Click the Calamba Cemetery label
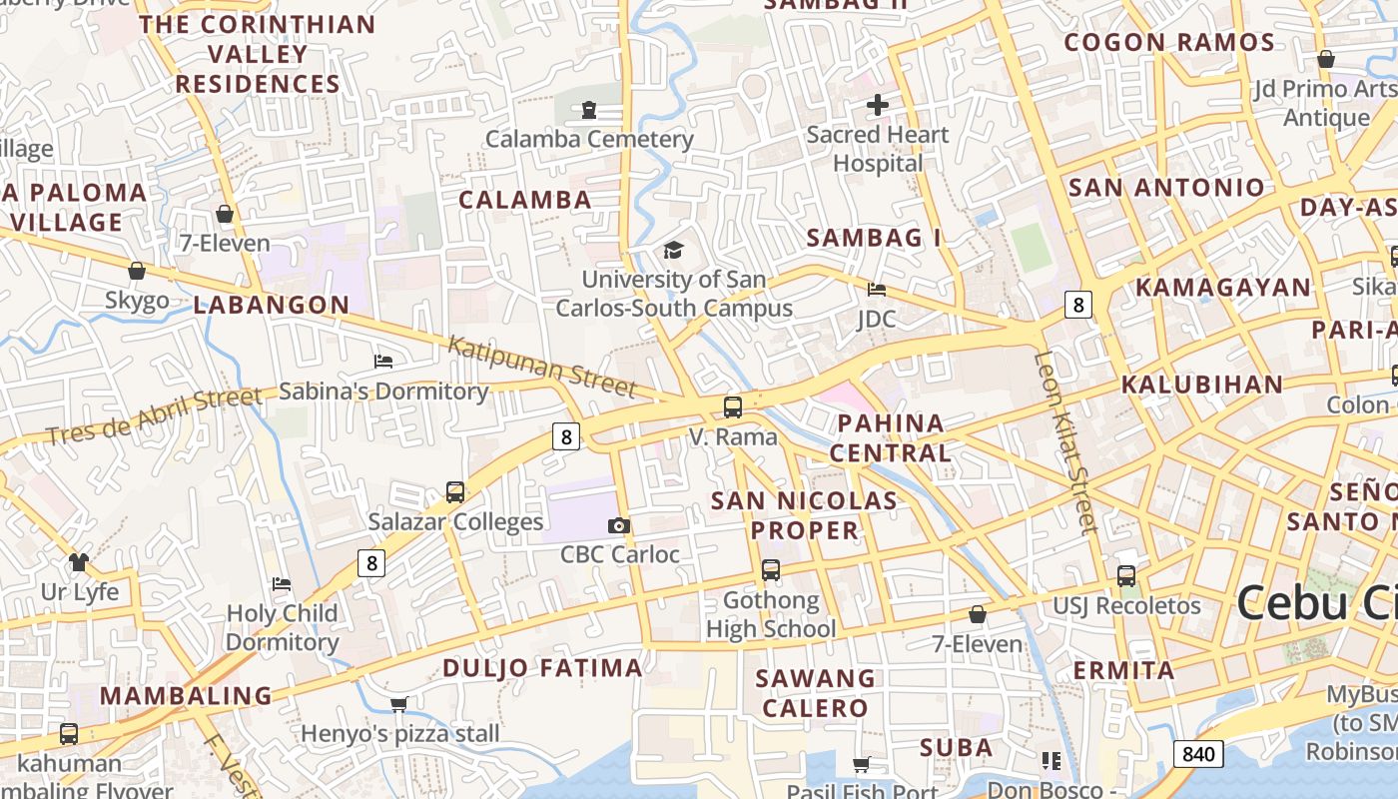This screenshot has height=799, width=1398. [x=589, y=139]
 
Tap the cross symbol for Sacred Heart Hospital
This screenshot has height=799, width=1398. [x=878, y=104]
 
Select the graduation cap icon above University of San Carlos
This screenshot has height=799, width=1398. [x=674, y=250]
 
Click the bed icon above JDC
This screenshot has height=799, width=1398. [x=877, y=290]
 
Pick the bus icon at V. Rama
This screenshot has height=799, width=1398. [x=733, y=406]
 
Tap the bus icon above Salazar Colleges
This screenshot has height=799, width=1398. [x=455, y=491]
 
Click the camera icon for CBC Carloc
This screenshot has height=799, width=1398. [x=619, y=525]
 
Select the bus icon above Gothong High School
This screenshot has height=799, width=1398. [x=771, y=570]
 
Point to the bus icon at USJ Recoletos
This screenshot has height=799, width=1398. [x=1126, y=575]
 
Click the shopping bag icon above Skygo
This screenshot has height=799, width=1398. [x=137, y=271]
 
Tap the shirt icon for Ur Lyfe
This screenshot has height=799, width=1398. [x=79, y=562]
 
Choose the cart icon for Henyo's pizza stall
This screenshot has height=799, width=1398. [x=399, y=704]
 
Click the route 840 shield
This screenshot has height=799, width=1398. [x=1197, y=753]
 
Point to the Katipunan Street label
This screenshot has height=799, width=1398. [x=541, y=365]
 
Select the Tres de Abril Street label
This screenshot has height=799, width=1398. [x=154, y=415]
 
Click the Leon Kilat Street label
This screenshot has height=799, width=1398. [x=1065, y=441]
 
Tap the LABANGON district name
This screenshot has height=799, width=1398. [x=272, y=306]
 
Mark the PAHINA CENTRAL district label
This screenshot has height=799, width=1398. [x=891, y=437]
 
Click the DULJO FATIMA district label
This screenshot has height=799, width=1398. [x=542, y=668]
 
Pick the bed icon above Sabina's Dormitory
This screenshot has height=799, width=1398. [x=382, y=361]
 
